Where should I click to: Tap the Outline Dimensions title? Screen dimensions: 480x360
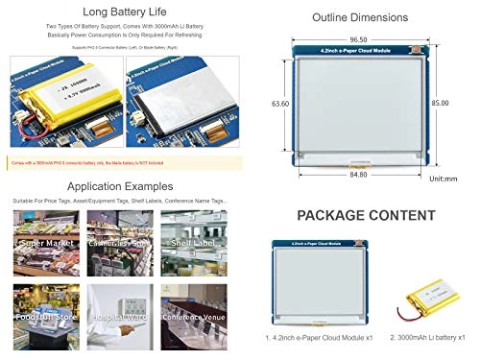click(358, 16)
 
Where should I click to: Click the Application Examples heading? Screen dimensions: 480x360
click(118, 185)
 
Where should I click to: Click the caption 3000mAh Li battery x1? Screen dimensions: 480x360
click(428, 338)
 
